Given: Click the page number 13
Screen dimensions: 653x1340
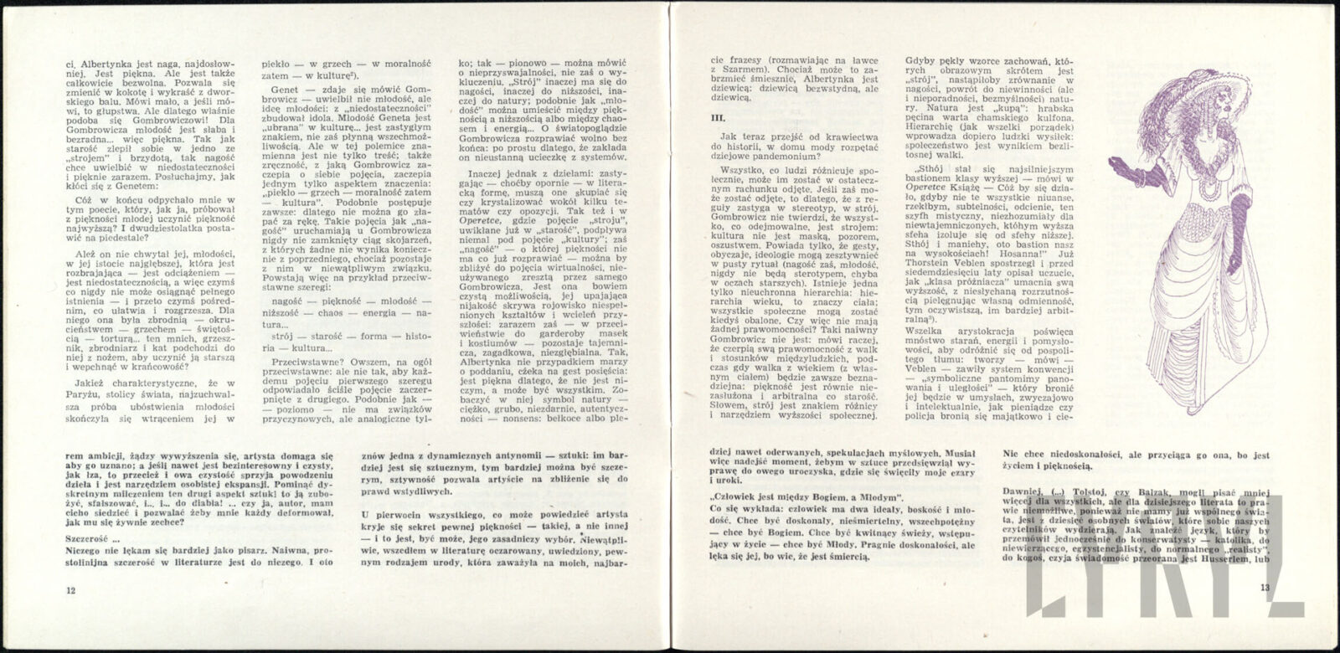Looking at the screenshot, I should click(1265, 588).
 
